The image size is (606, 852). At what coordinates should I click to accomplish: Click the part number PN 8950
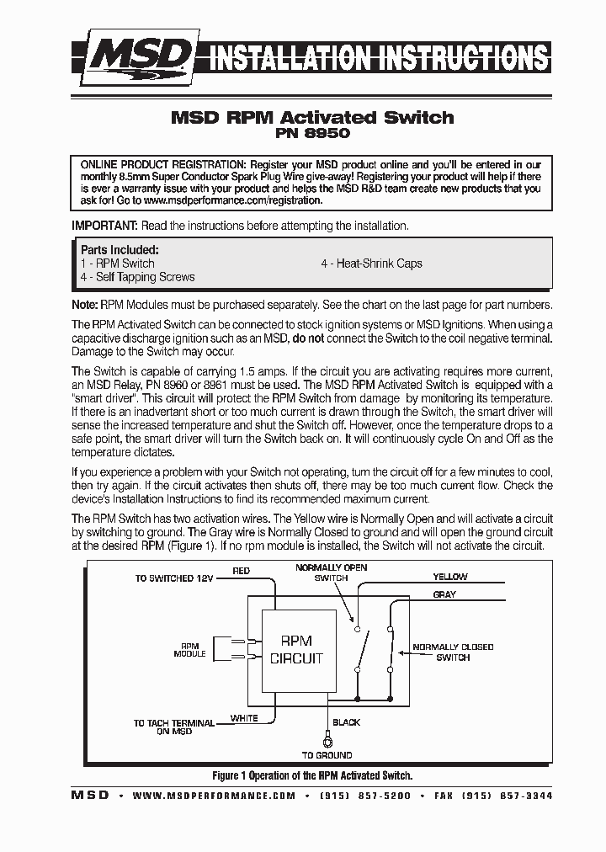point(312,134)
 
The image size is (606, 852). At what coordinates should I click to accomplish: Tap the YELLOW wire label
point(449,577)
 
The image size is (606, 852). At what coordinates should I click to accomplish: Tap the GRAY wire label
point(444,594)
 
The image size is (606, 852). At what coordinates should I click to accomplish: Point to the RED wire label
point(241,571)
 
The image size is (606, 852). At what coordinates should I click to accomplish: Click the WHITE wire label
point(244,718)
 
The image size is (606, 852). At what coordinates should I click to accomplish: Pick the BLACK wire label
point(346,722)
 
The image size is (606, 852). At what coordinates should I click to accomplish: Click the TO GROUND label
point(327,755)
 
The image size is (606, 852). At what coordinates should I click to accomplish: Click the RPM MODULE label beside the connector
point(189,650)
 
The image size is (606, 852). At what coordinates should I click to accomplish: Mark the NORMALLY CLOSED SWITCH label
point(452,652)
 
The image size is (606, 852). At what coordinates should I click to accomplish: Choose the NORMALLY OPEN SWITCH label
point(331,573)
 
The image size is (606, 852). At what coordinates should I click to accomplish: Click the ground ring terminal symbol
point(327,740)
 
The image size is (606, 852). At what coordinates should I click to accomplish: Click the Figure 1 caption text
point(311,775)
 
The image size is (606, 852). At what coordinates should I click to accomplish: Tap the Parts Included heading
point(119,250)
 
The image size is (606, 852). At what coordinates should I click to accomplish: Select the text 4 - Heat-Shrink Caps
point(371,264)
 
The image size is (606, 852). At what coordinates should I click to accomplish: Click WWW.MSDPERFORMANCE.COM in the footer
point(214,796)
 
